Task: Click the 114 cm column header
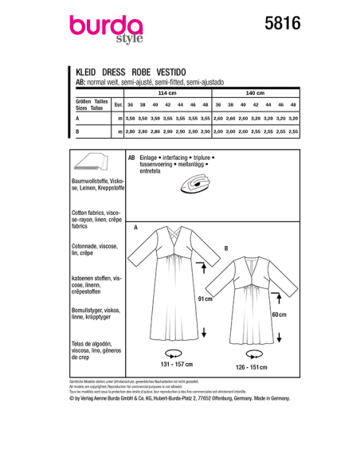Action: pyautogui.click(x=166, y=94)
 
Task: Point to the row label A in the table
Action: pyautogui.click(x=77, y=118)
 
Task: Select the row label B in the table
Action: pyautogui.click(x=77, y=131)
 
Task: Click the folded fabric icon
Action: pyautogui.click(x=92, y=165)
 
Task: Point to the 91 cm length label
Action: pyautogui.click(x=205, y=299)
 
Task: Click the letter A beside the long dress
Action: pyautogui.click(x=136, y=229)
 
